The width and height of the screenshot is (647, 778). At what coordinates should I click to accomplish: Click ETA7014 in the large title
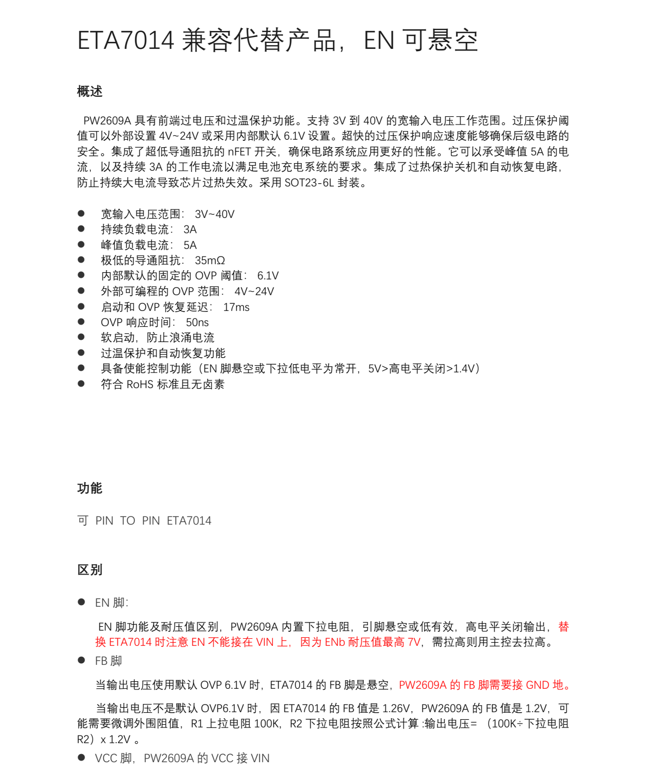click(x=126, y=41)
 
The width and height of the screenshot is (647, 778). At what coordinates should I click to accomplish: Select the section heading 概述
click(x=90, y=91)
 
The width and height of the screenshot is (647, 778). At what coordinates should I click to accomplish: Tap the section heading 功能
click(x=90, y=488)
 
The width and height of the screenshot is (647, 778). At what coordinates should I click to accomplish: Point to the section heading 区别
click(x=90, y=570)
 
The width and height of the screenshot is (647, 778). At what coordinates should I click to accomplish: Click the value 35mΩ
click(x=210, y=260)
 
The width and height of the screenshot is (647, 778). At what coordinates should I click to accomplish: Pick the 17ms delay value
click(x=237, y=307)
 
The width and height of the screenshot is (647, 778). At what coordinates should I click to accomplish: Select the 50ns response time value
click(x=197, y=322)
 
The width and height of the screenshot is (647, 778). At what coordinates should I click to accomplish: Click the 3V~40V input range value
click(x=215, y=214)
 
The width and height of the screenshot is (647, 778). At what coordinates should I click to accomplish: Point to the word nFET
click(x=239, y=152)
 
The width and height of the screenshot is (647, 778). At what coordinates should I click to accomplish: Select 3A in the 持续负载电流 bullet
click(x=190, y=229)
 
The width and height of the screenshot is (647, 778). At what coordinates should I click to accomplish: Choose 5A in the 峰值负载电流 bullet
click(x=190, y=245)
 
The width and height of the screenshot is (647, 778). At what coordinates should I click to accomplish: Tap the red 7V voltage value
click(x=414, y=642)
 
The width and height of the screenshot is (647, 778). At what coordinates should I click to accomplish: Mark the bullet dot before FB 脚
click(x=82, y=660)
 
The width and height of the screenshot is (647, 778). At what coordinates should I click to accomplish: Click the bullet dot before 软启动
click(x=82, y=337)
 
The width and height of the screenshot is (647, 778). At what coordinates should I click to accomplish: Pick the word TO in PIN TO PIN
click(x=128, y=521)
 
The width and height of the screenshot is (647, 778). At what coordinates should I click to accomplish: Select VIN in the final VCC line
click(x=260, y=758)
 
